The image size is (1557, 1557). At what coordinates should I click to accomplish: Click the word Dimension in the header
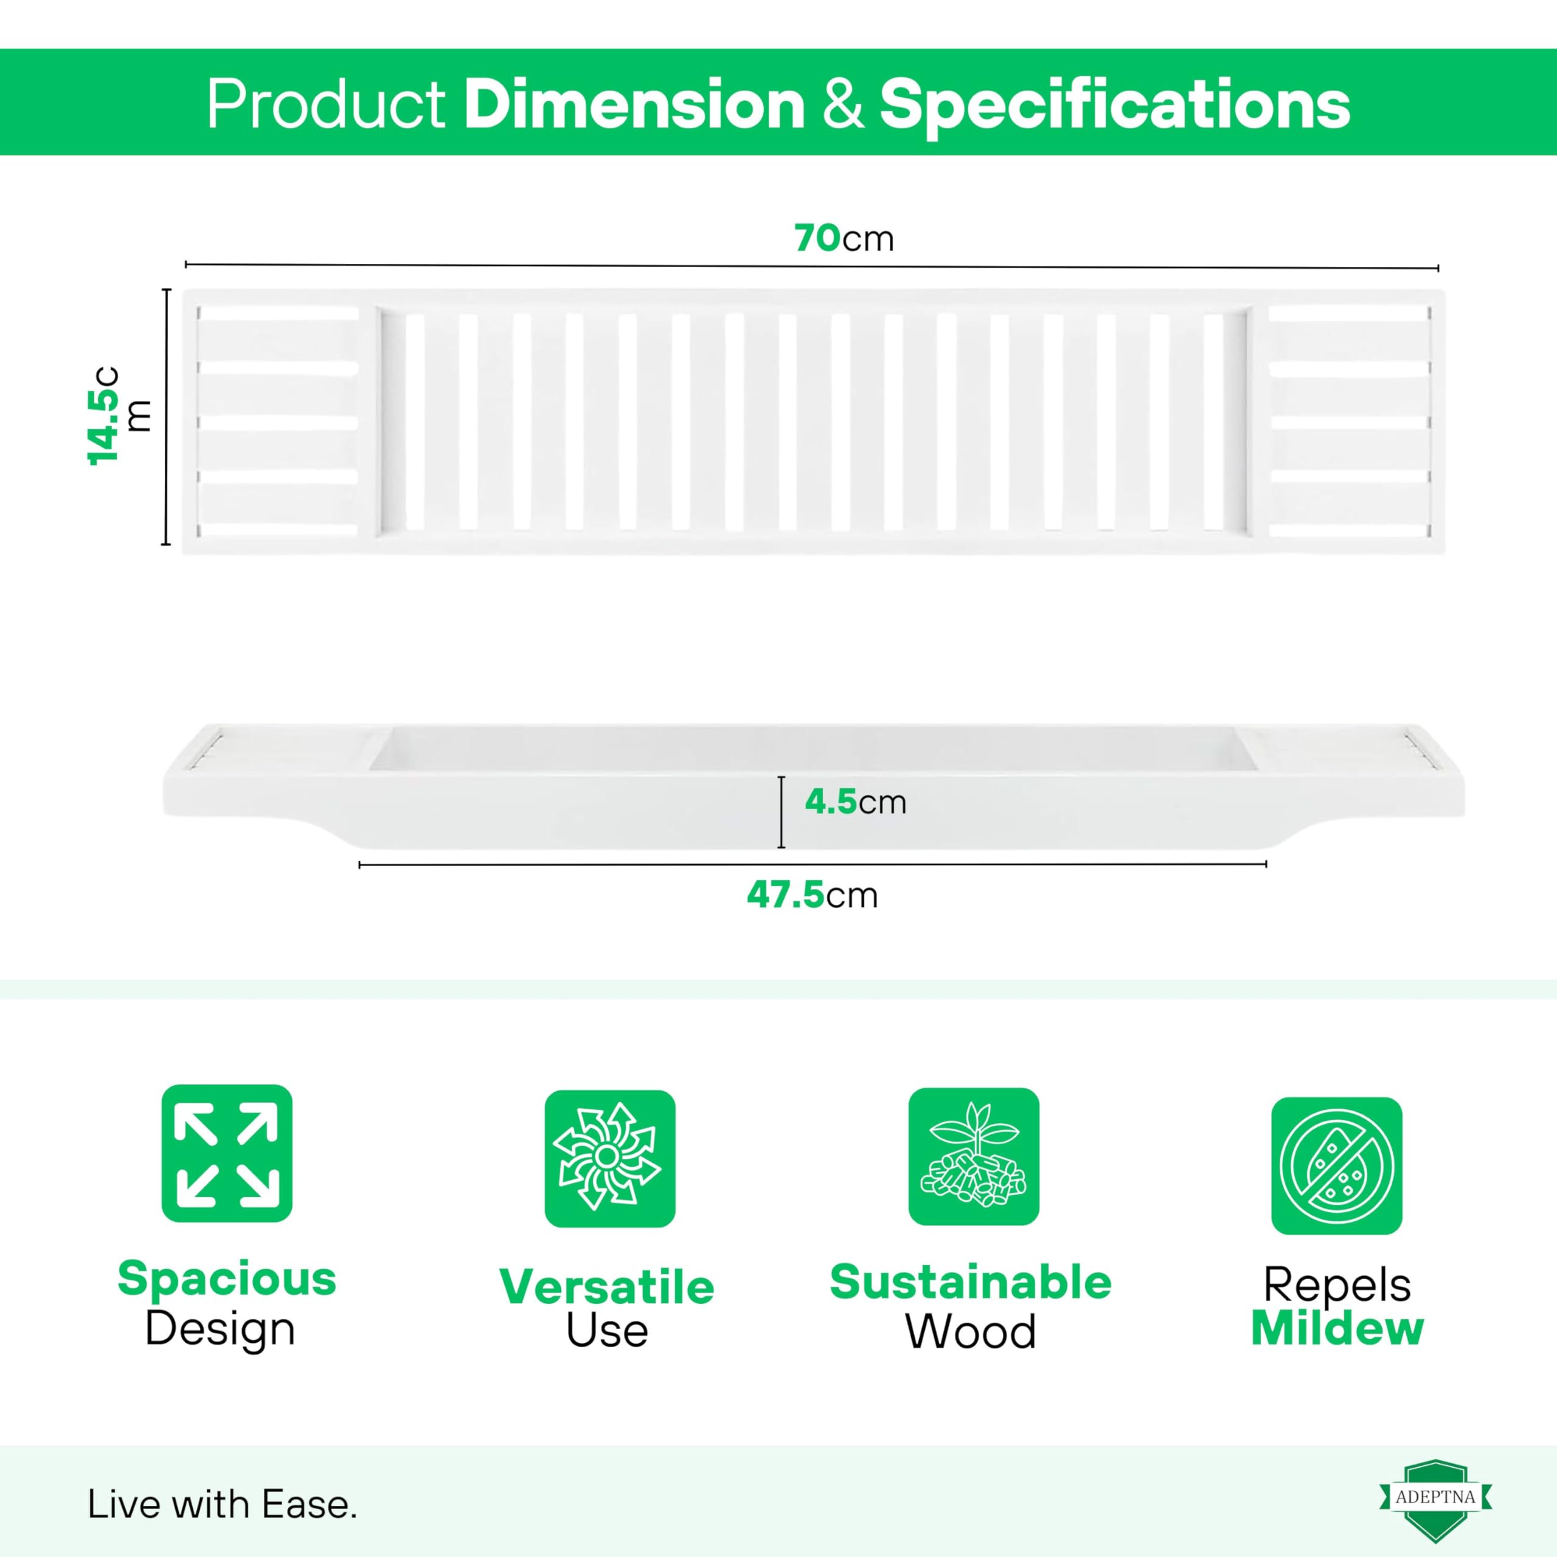(634, 104)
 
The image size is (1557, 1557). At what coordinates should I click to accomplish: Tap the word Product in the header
(325, 104)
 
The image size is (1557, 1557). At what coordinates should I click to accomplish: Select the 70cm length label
(844, 238)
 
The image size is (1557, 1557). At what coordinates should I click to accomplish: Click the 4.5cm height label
(855, 802)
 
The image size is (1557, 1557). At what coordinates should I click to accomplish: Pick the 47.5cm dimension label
(811, 895)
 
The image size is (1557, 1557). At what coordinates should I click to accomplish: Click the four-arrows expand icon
(226, 1153)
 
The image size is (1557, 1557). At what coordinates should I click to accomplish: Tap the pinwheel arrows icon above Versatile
(609, 1159)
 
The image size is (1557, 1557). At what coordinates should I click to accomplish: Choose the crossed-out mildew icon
(1337, 1165)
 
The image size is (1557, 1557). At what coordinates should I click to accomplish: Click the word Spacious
(226, 1279)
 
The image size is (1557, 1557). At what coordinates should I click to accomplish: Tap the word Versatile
(607, 1287)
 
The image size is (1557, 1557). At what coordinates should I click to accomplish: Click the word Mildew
(1337, 1328)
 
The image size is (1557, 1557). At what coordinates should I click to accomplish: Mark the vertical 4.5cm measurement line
(781, 813)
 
